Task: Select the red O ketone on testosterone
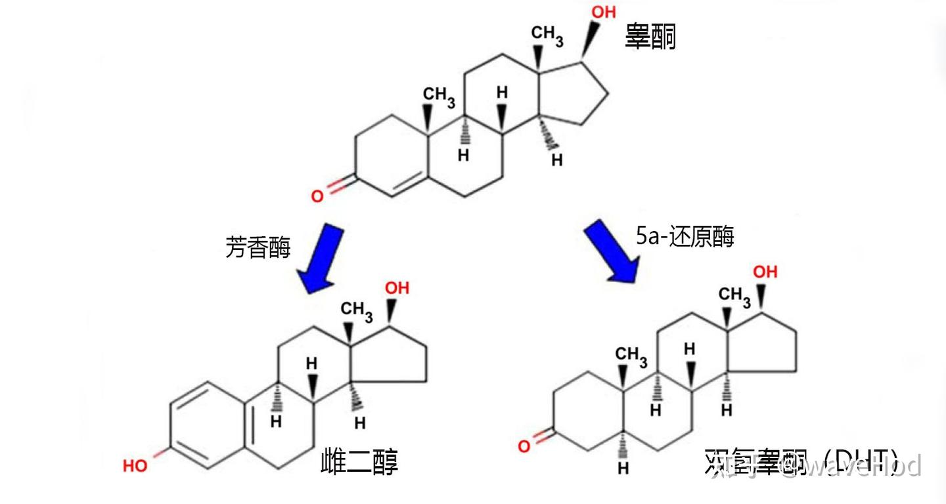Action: (x=317, y=196)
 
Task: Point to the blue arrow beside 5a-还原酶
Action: (x=612, y=251)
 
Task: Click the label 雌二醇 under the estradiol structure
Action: (x=359, y=461)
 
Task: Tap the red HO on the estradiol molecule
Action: (x=136, y=466)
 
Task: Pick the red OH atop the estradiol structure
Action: (x=397, y=287)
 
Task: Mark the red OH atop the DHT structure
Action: (x=765, y=271)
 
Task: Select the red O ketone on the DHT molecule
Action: (x=524, y=446)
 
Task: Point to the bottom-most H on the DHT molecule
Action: (x=623, y=469)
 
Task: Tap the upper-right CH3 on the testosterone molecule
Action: (x=547, y=35)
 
